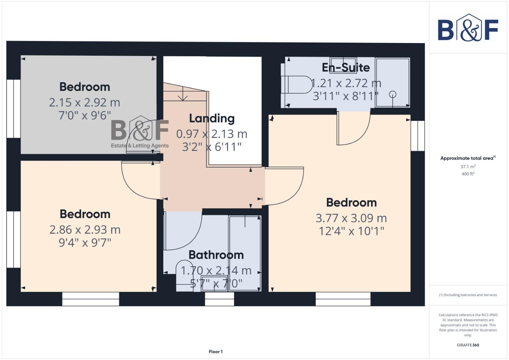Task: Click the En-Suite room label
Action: (x=346, y=68)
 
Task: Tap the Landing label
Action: (x=212, y=119)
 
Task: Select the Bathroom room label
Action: (x=216, y=255)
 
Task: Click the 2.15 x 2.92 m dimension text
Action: (x=84, y=103)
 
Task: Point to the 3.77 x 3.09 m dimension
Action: (x=351, y=218)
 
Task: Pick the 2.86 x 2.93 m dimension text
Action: (x=85, y=230)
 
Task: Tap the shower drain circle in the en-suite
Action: (x=393, y=94)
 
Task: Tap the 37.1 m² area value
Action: (x=468, y=167)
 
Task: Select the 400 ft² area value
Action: (x=468, y=174)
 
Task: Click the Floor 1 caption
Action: (x=216, y=352)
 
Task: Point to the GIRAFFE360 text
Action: (x=468, y=345)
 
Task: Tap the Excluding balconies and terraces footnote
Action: (x=468, y=295)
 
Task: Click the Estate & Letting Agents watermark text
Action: (x=140, y=146)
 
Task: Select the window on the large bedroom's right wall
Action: (x=417, y=136)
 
